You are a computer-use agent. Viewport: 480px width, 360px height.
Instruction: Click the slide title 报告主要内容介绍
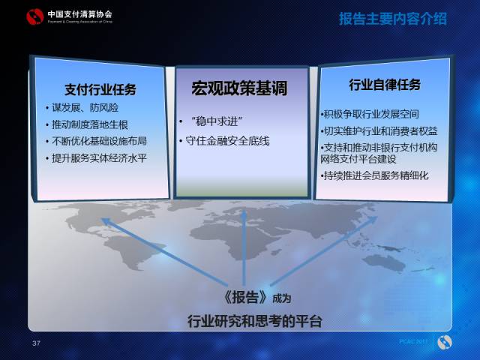coord(391,19)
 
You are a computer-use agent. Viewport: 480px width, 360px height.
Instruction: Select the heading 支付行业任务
coord(100,89)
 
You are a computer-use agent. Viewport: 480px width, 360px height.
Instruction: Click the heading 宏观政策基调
coord(239,88)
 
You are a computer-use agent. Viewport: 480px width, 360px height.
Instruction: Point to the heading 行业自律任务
coord(385,84)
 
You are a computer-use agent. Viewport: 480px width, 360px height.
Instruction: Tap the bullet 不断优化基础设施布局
coord(100,142)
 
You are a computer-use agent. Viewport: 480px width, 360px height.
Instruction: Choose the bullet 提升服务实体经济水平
coord(100,158)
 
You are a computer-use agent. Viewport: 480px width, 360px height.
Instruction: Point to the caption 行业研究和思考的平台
coord(254,321)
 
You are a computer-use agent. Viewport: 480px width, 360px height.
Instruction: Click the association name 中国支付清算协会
coord(79,13)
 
